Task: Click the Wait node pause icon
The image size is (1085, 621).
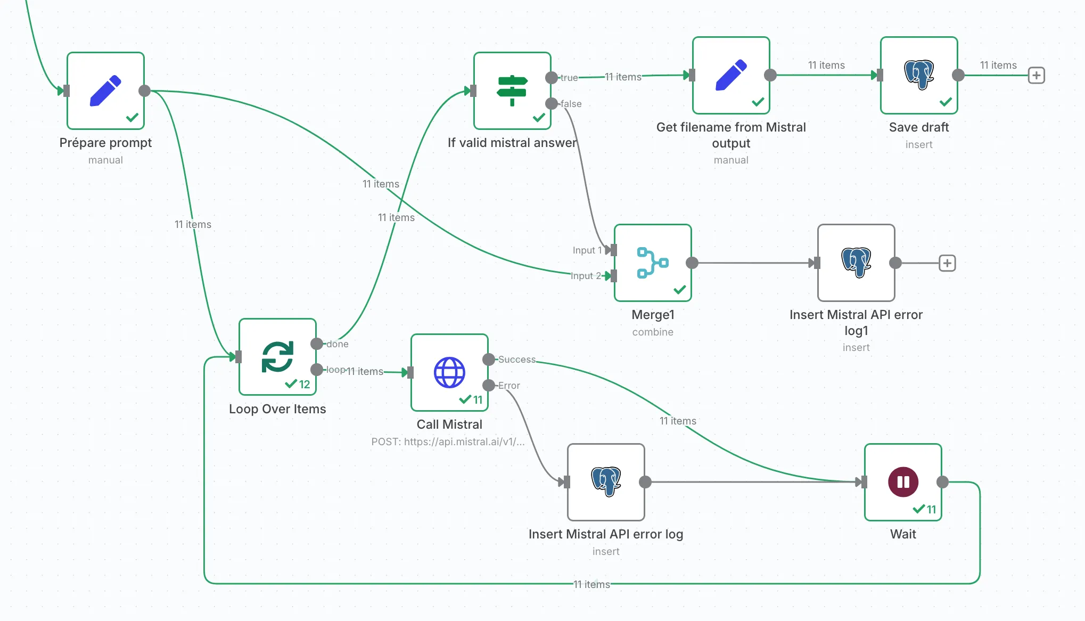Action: click(903, 482)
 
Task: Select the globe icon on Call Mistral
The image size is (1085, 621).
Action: click(449, 372)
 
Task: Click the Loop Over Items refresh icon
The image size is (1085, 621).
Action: click(277, 357)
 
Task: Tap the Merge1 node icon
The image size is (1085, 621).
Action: click(652, 263)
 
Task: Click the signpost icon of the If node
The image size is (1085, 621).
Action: click(512, 91)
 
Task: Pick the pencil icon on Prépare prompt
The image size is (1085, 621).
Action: click(105, 91)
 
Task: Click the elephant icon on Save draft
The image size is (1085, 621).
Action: click(919, 75)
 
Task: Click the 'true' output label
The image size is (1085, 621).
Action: click(569, 78)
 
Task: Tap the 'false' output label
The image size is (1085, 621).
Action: click(571, 104)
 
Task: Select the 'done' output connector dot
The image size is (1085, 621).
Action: click(317, 344)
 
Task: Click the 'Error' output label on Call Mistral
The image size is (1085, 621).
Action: click(509, 386)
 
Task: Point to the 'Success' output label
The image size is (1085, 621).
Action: click(516, 359)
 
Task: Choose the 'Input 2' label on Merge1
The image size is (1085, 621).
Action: click(585, 276)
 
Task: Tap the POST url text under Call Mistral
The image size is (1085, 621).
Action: click(448, 442)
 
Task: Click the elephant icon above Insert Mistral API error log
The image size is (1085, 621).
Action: click(606, 481)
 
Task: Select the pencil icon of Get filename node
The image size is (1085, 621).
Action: click(731, 75)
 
